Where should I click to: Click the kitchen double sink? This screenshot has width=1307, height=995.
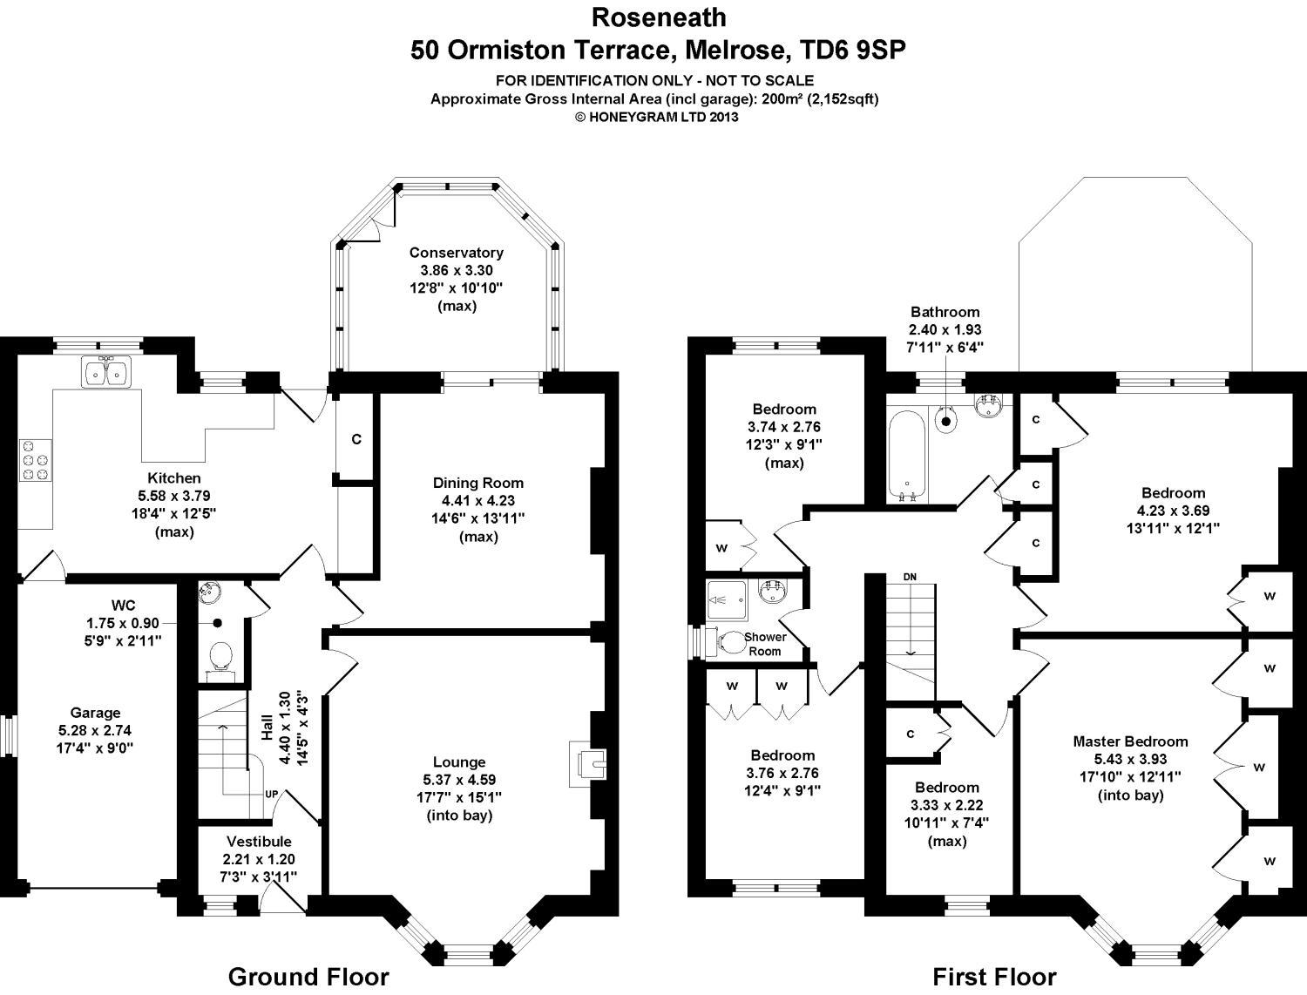[106, 373]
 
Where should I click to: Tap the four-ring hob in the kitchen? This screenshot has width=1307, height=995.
[36, 460]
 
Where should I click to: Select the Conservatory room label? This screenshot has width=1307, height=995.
[456, 253]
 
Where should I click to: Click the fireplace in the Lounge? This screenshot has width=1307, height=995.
[587, 764]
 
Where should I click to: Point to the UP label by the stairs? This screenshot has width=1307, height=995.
[272, 795]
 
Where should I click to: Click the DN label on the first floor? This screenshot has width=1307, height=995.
[910, 577]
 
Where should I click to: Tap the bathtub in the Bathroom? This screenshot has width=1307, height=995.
[907, 455]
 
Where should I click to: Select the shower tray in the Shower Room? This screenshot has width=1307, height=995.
[727, 600]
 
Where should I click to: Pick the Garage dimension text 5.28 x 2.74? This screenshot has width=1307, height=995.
[95, 731]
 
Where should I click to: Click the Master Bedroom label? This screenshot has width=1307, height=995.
[1130, 741]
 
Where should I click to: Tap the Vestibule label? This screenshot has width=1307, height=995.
[259, 842]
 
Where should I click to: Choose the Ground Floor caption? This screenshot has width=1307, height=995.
[308, 977]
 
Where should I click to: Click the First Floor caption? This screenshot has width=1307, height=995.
[994, 977]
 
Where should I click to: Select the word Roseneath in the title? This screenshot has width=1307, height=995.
[659, 18]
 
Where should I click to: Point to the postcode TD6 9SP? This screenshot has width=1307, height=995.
[853, 50]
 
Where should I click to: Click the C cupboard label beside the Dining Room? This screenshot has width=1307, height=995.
[356, 439]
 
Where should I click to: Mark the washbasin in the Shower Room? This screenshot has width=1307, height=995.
[772, 592]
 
